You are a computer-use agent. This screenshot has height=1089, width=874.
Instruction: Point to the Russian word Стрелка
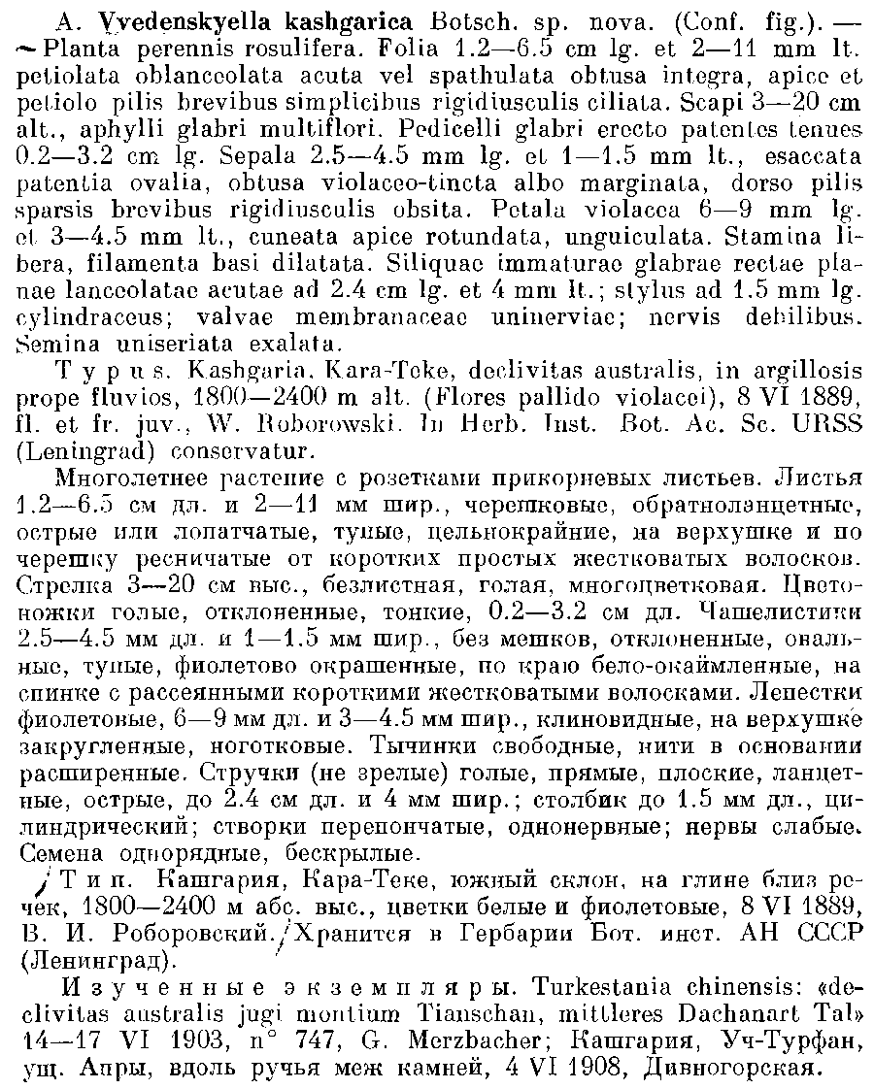click(x=56, y=584)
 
